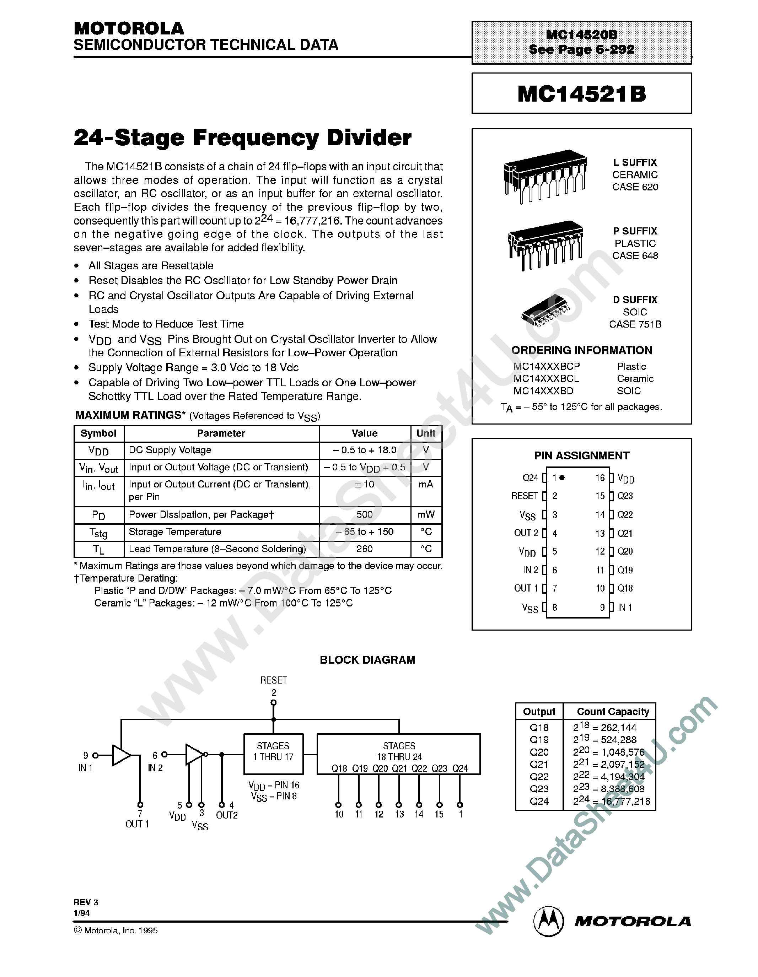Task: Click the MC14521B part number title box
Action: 581,93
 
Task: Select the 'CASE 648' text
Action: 635,256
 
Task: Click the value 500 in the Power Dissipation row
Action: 364,514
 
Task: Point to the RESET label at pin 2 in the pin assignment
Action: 525,496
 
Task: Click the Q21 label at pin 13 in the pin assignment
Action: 625,533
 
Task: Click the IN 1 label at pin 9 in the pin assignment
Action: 625,608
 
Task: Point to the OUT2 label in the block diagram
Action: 227,815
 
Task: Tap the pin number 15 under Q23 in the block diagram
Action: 439,814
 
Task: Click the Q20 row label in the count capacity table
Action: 539,752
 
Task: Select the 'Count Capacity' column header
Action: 613,711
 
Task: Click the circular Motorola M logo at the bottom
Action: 549,922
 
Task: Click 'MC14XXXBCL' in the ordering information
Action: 546,378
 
